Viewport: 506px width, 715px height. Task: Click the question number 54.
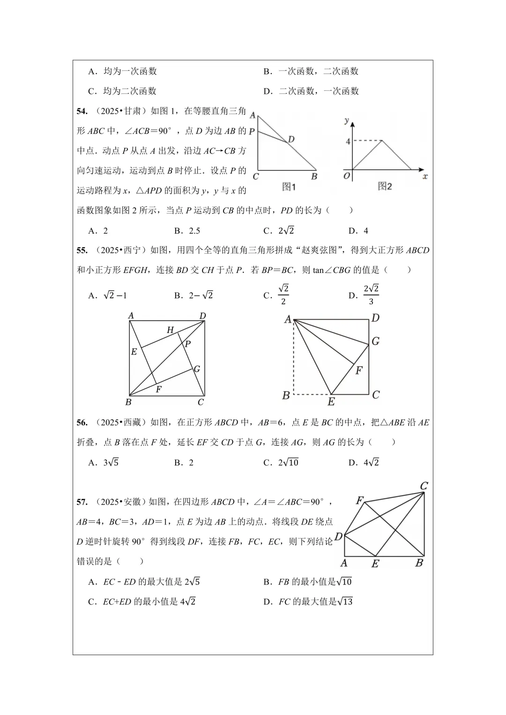pos(82,111)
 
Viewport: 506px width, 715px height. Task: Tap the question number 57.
pos(82,502)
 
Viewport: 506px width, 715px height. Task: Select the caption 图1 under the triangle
pos(289,186)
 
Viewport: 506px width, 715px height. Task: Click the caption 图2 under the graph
pos(385,186)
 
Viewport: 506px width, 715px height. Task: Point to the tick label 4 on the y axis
pos(348,141)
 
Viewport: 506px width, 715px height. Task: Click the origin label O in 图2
pos(347,176)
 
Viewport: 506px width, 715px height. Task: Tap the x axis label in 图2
pos(425,177)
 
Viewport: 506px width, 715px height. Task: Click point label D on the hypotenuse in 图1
pos(291,139)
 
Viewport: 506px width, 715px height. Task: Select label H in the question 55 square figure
pos(170,330)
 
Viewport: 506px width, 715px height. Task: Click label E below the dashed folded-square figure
pos(331,402)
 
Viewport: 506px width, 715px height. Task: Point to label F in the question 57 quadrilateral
pos(360,501)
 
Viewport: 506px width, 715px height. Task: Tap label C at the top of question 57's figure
pos(424,486)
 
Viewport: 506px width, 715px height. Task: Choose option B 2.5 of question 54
pos(187,230)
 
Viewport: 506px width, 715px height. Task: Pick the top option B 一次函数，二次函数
pos(311,71)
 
